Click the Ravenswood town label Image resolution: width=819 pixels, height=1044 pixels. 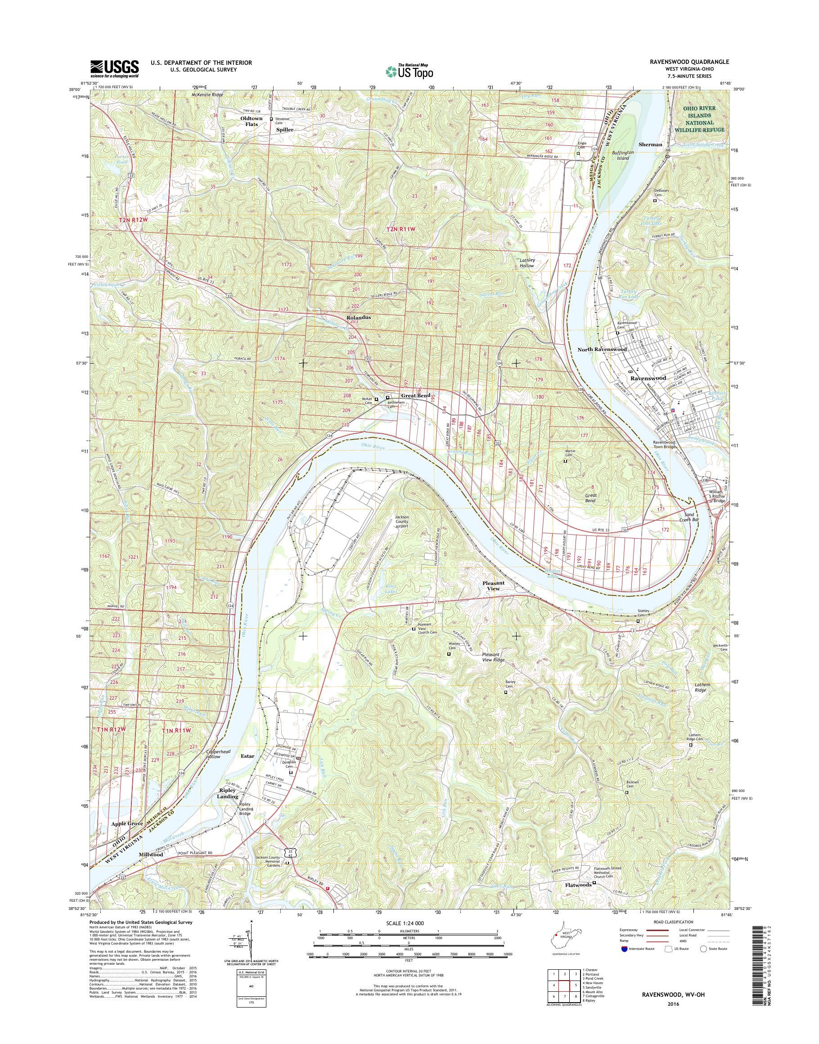click(648, 378)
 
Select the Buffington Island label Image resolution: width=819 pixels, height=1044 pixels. click(623, 155)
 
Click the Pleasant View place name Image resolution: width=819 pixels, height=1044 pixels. click(493, 585)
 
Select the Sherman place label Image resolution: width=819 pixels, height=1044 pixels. click(651, 144)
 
